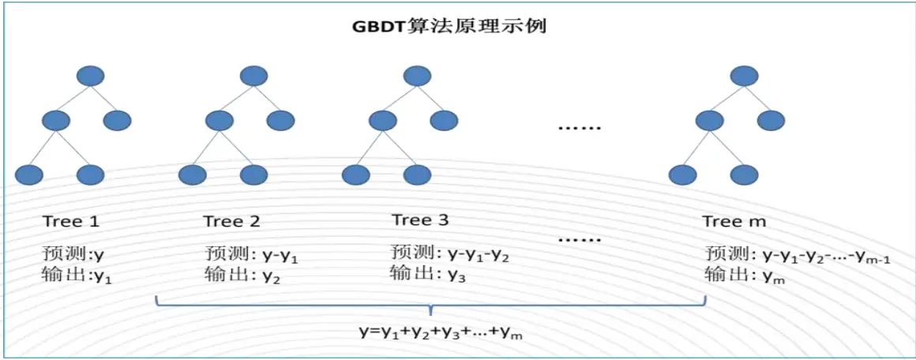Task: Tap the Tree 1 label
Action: pyautogui.click(x=71, y=221)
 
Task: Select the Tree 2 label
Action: pyautogui.click(x=231, y=221)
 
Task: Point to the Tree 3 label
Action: pyautogui.click(x=420, y=219)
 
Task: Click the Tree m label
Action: pyautogui.click(x=734, y=222)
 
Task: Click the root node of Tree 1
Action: pyautogui.click(x=92, y=77)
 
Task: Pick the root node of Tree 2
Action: pyautogui.click(x=253, y=77)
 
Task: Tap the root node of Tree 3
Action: pyautogui.click(x=417, y=77)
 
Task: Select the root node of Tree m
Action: pyautogui.click(x=744, y=77)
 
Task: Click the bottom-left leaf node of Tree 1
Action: pyautogui.click(x=30, y=174)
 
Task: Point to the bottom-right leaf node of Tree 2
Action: pyautogui.click(x=253, y=174)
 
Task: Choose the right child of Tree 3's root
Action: pyautogui.click(x=444, y=121)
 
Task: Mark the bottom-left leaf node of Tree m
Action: pyautogui.click(x=683, y=174)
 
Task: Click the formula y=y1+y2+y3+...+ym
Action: pyautogui.click(x=441, y=332)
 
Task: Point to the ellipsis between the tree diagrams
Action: pyautogui.click(x=580, y=126)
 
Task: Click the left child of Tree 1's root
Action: pyautogui.click(x=57, y=121)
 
